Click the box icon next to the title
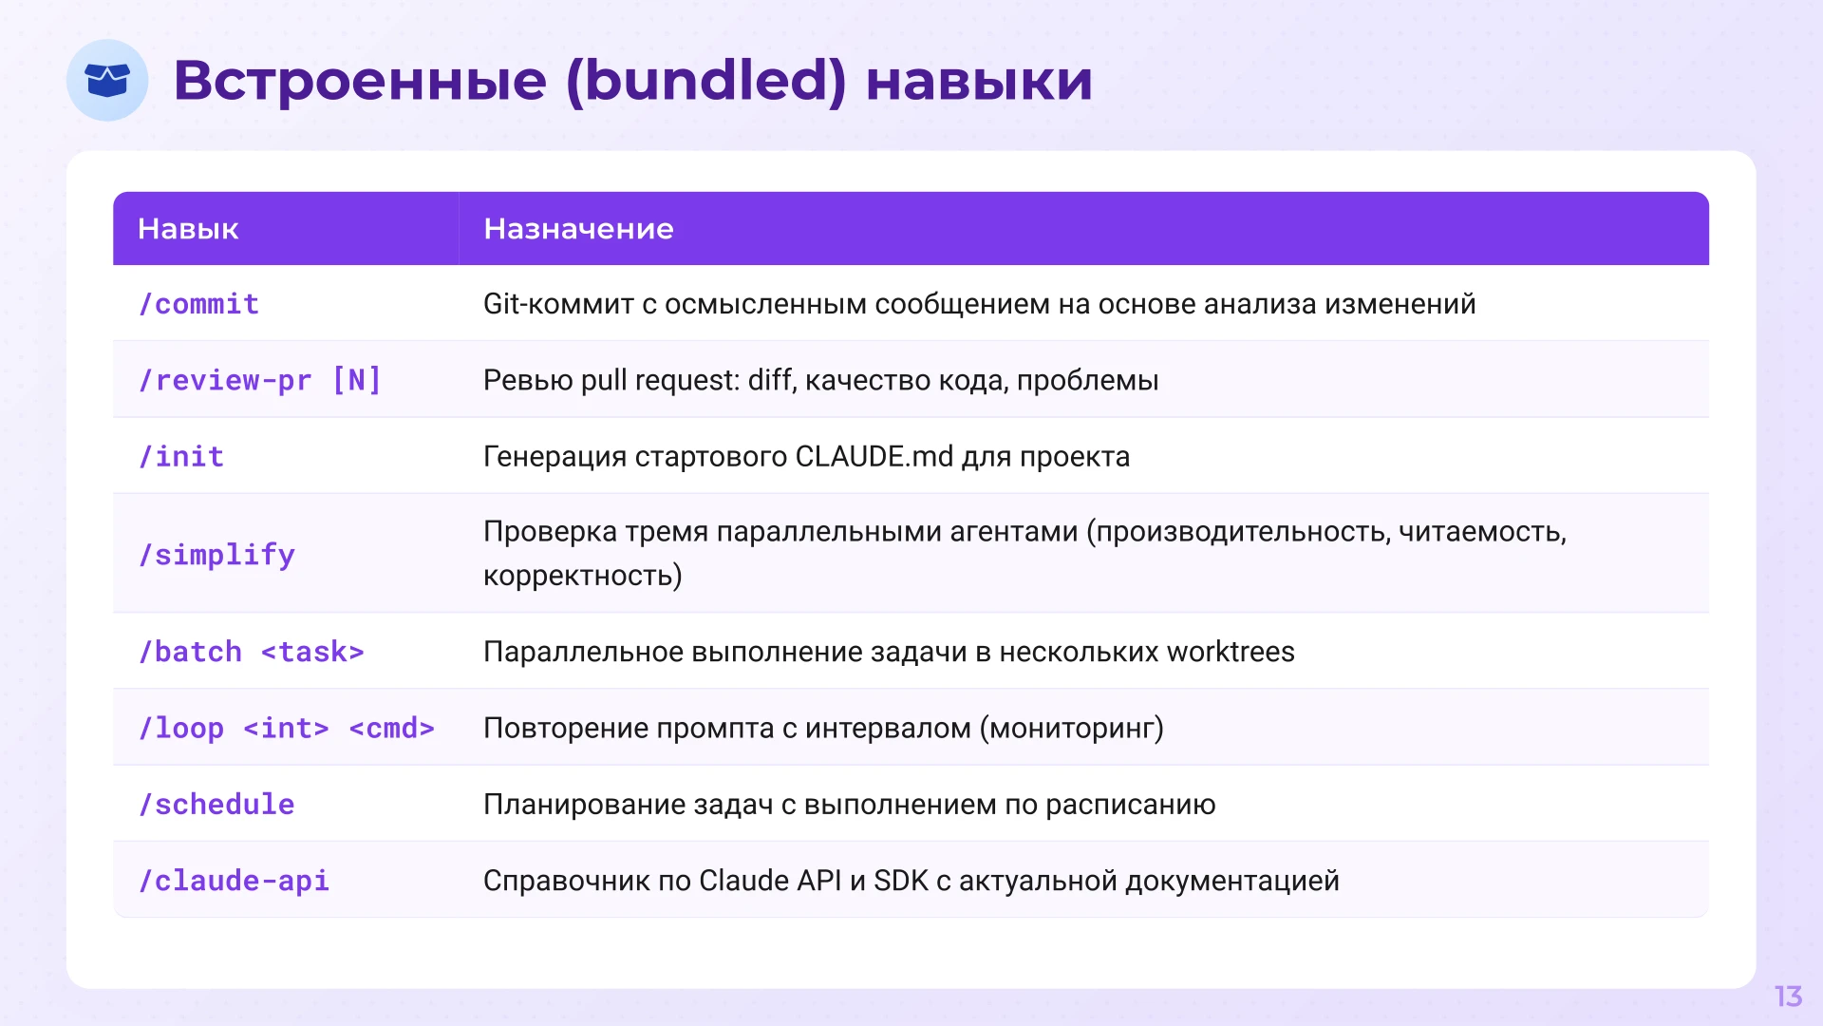tap(107, 80)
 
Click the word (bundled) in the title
tap(705, 80)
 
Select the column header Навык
tap(188, 229)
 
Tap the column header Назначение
tap(578, 229)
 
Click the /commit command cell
tap(198, 304)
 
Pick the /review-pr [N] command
tap(260, 380)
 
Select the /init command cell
tap(181, 457)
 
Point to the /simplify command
tap(216, 555)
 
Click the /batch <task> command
tap(252, 653)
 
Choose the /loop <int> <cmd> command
tap(287, 729)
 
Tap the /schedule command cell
tap(216, 805)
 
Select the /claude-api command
tap(234, 881)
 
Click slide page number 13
tap(1788, 997)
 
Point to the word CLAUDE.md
tap(874, 457)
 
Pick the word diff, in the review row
tap(772, 380)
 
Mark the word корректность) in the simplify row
tap(582, 576)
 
